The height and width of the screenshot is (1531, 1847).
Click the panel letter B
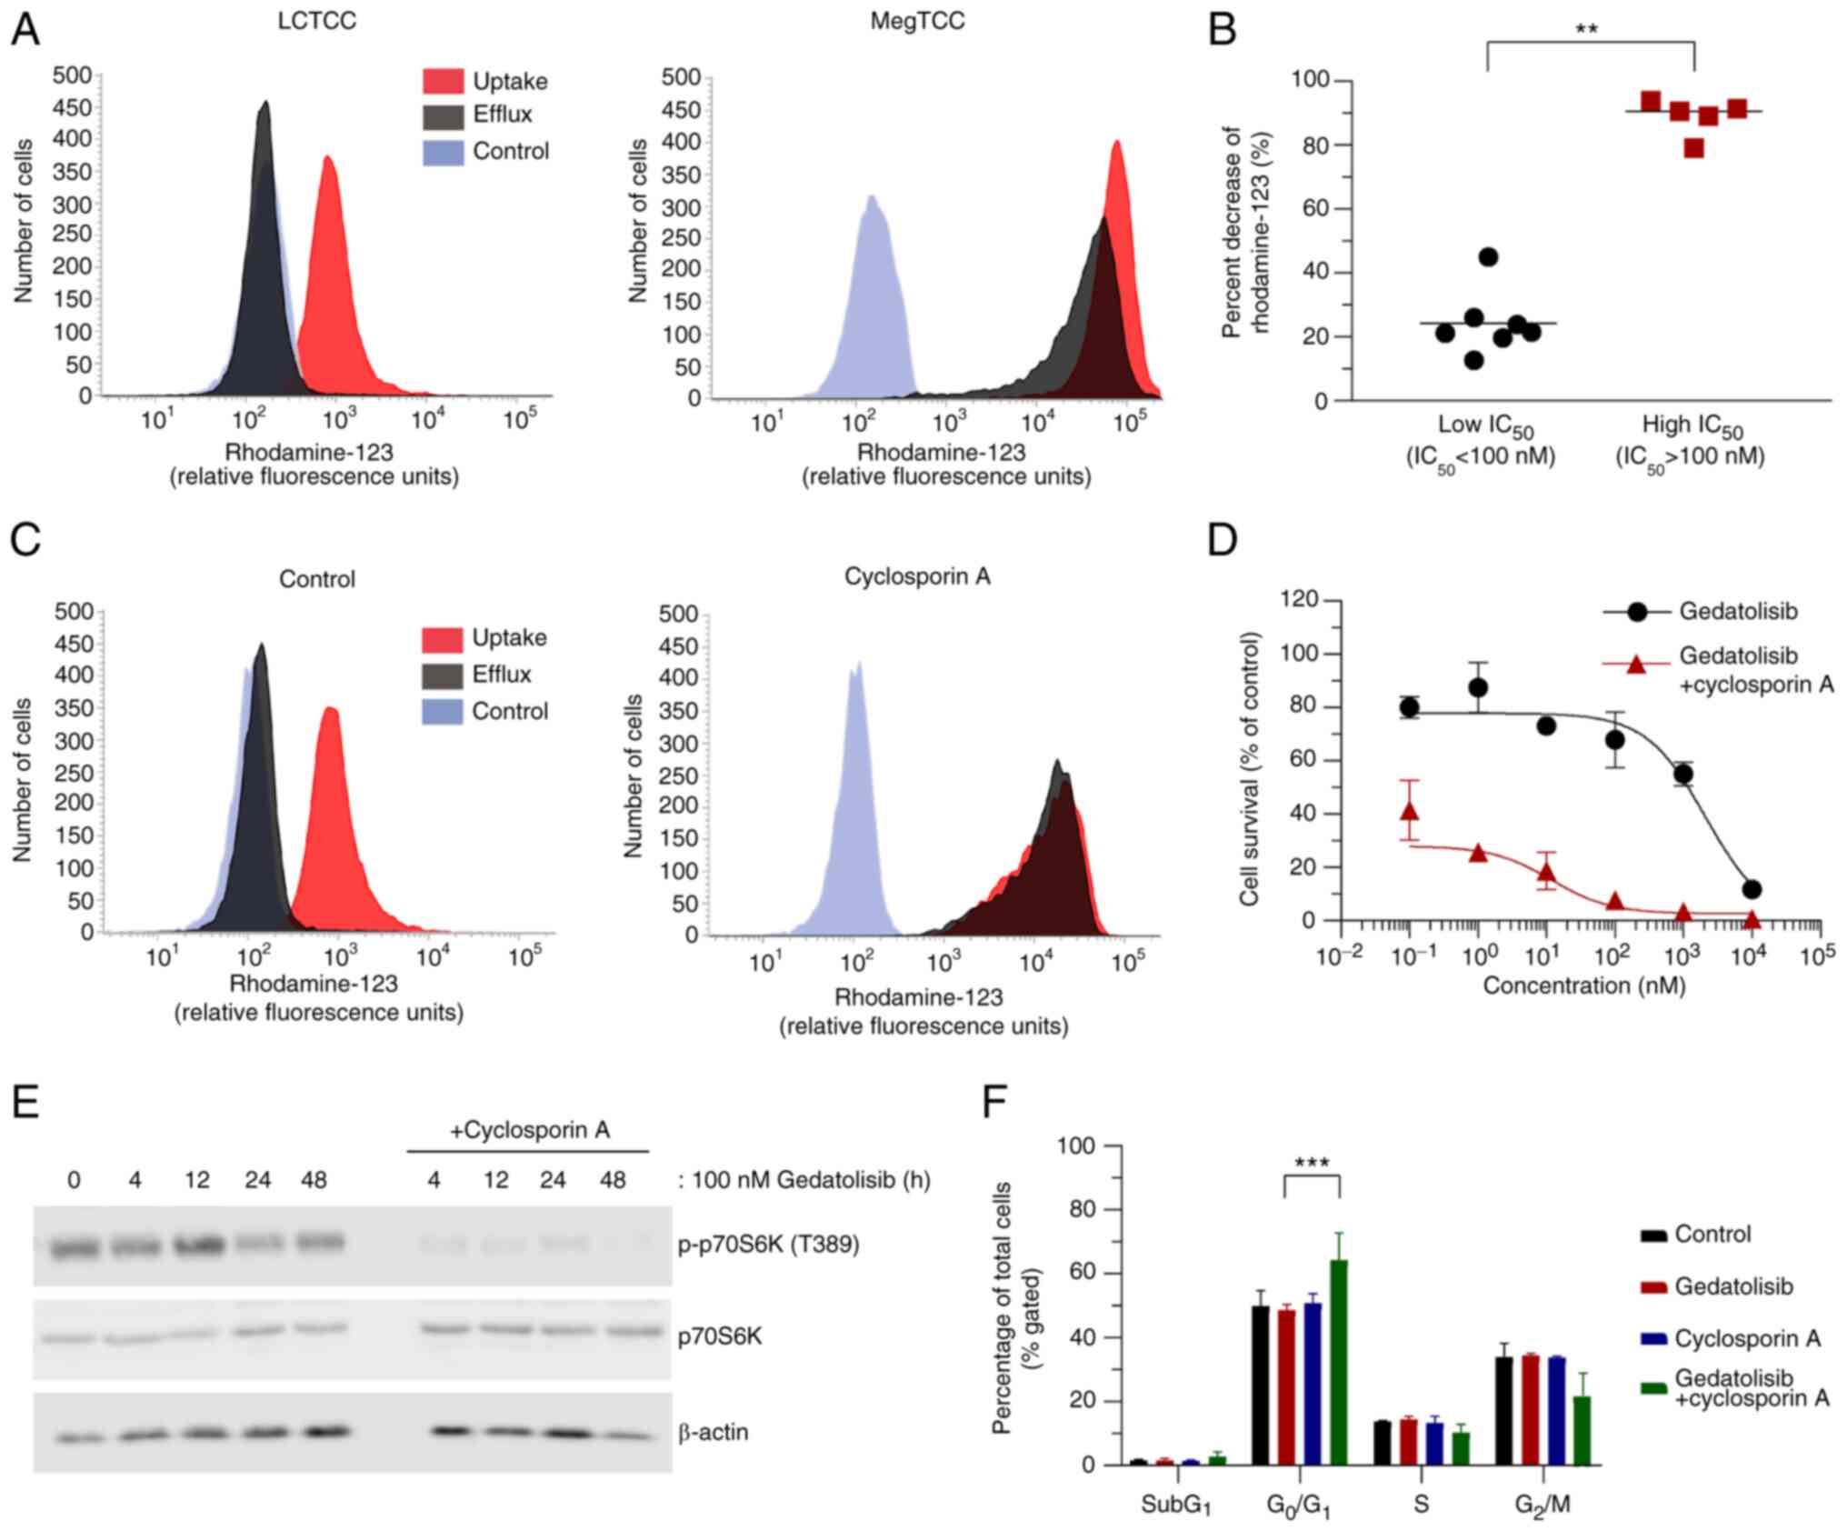(1223, 29)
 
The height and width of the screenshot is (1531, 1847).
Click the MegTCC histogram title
(917, 21)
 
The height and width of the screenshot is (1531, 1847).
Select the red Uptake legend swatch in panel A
(443, 81)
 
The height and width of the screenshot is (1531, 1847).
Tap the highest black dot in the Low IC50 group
(1488, 257)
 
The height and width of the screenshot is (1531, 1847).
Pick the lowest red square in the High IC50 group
(1693, 148)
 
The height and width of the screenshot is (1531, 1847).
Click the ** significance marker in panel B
(1586, 29)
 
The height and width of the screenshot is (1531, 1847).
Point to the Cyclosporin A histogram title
(917, 576)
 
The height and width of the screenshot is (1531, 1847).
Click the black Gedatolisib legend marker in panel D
(1637, 612)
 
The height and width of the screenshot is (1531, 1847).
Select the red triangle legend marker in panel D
(1636, 665)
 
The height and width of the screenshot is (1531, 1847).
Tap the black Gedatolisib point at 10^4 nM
(1752, 889)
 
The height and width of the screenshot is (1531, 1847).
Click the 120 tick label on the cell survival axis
(1298, 599)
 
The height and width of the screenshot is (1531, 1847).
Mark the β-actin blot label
(714, 1432)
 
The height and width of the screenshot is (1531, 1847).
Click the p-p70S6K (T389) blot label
(769, 1244)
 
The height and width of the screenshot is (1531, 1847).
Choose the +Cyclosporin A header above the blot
(530, 1130)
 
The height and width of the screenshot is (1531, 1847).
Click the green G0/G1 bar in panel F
(1339, 1361)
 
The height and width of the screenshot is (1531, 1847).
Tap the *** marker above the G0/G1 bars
(1312, 1163)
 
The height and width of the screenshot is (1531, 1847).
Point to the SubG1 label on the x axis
(1176, 1506)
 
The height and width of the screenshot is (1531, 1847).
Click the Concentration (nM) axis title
(1583, 986)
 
